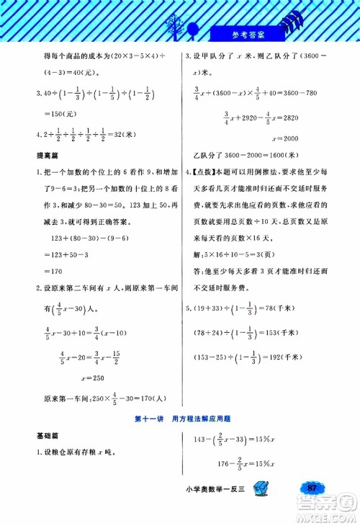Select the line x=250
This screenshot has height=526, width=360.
pyautogui.click(x=94, y=379)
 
